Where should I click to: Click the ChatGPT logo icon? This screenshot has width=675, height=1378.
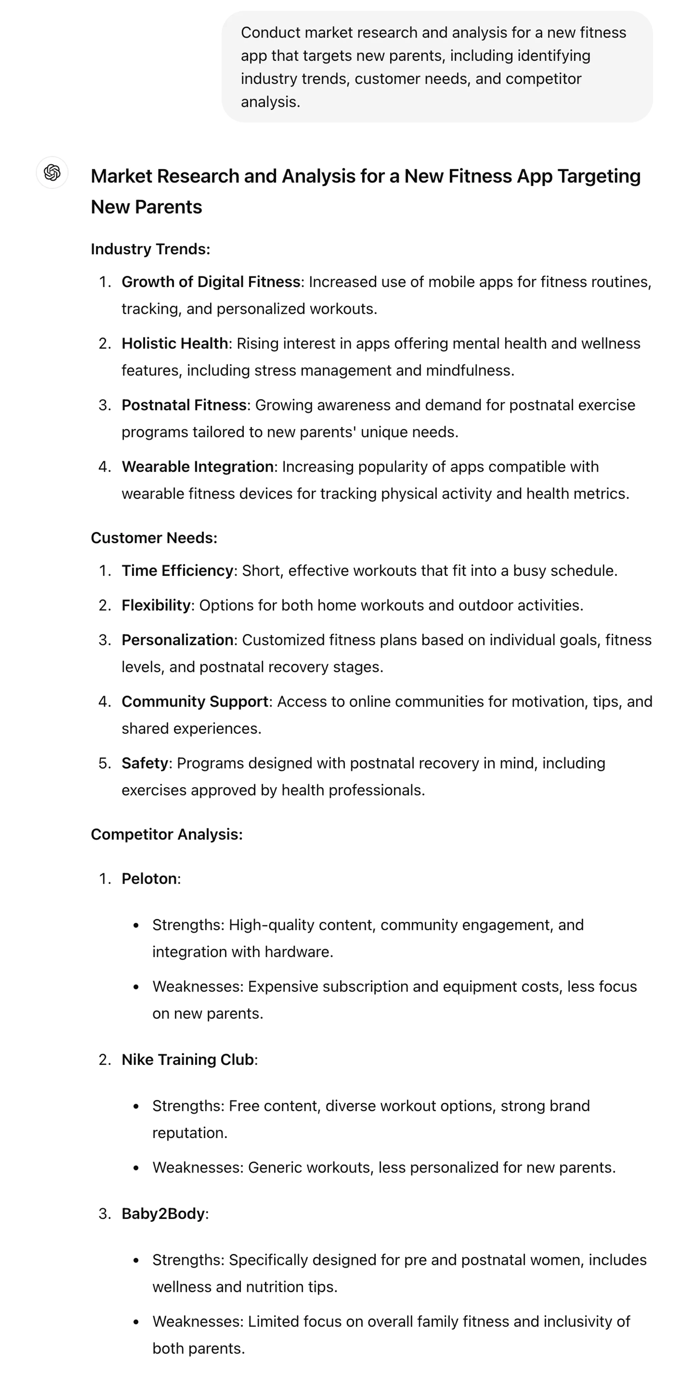pyautogui.click(x=52, y=172)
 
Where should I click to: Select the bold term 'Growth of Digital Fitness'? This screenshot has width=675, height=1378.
pyautogui.click(x=211, y=282)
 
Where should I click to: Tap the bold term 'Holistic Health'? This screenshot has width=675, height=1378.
pyautogui.click(x=175, y=343)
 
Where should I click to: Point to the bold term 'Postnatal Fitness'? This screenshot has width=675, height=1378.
pyautogui.click(x=184, y=405)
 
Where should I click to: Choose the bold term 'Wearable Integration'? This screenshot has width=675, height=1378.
pyautogui.click(x=197, y=466)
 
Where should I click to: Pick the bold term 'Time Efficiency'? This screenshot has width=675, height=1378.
pyautogui.click(x=178, y=571)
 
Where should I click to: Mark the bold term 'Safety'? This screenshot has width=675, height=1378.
pyautogui.click(x=145, y=763)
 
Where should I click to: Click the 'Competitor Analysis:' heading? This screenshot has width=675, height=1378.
pyautogui.click(x=167, y=834)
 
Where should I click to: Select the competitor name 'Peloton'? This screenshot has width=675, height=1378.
pyautogui.click(x=149, y=879)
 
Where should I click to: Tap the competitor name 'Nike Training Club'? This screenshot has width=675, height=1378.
pyautogui.click(x=188, y=1060)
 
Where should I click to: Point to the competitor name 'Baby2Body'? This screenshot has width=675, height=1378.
pyautogui.click(x=163, y=1214)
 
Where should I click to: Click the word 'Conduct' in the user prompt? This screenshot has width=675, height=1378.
pyautogui.click(x=270, y=33)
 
